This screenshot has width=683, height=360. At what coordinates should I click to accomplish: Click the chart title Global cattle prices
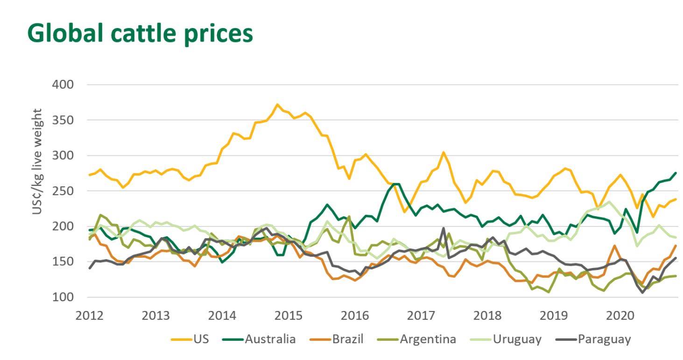coord(140,33)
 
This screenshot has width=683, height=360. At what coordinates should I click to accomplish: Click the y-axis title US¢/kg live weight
coord(37,162)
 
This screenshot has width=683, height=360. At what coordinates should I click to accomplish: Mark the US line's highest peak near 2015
coord(277,105)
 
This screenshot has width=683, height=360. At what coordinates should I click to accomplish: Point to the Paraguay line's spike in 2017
coord(443,228)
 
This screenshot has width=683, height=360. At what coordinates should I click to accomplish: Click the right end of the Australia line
coord(675,173)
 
